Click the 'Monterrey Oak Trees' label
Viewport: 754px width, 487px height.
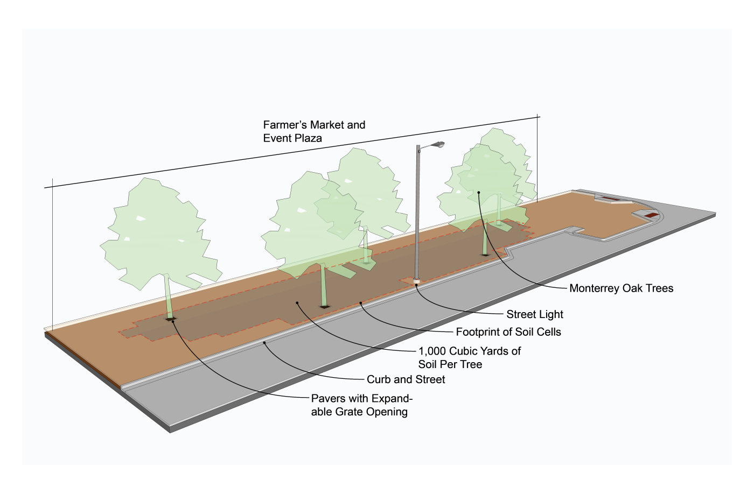pyautogui.click(x=621, y=288)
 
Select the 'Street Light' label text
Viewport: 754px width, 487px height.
pyautogui.click(x=534, y=315)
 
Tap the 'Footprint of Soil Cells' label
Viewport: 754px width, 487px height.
pyautogui.click(x=508, y=332)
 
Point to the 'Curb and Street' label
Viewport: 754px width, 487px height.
pyautogui.click(x=406, y=379)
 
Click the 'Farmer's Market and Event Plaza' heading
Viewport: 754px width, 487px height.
pyautogui.click(x=314, y=131)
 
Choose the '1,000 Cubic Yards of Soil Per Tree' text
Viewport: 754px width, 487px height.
pyautogui.click(x=469, y=358)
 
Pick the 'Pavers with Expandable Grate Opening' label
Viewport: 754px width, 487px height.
pyautogui.click(x=361, y=405)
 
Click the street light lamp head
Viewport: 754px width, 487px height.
pyautogui.click(x=438, y=144)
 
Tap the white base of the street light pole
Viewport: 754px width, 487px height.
pyautogui.click(x=416, y=281)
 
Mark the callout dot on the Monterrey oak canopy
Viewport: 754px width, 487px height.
pyautogui.click(x=478, y=192)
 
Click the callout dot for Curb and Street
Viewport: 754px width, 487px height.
pyautogui.click(x=264, y=342)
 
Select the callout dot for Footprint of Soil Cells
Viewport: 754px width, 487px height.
pyautogui.click(x=361, y=304)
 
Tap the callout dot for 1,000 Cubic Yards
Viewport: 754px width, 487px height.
pyautogui.click(x=297, y=303)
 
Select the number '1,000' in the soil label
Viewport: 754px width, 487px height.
pyautogui.click(x=432, y=351)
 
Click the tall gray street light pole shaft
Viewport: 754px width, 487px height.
pyautogui.click(x=417, y=215)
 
